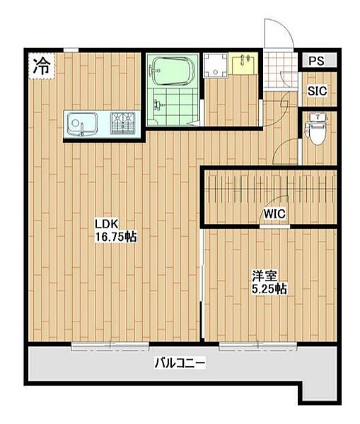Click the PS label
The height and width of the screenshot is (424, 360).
[316, 61]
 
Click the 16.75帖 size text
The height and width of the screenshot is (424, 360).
[115, 238]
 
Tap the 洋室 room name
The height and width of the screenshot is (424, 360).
[265, 275]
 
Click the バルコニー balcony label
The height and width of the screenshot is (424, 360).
[180, 364]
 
